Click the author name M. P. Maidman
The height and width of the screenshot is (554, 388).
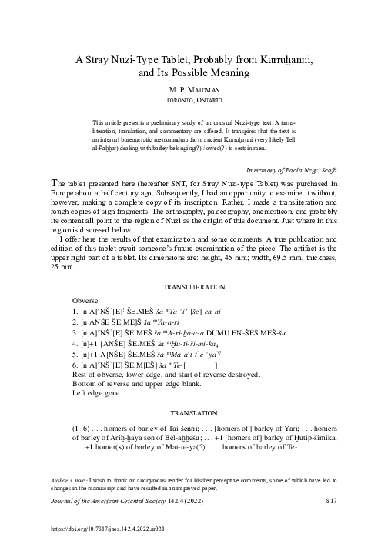tap(193, 89)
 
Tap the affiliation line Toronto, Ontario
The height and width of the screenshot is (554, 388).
tap(193, 100)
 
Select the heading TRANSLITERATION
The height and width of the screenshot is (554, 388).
tap(193, 286)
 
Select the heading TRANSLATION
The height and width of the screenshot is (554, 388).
tap(193, 412)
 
